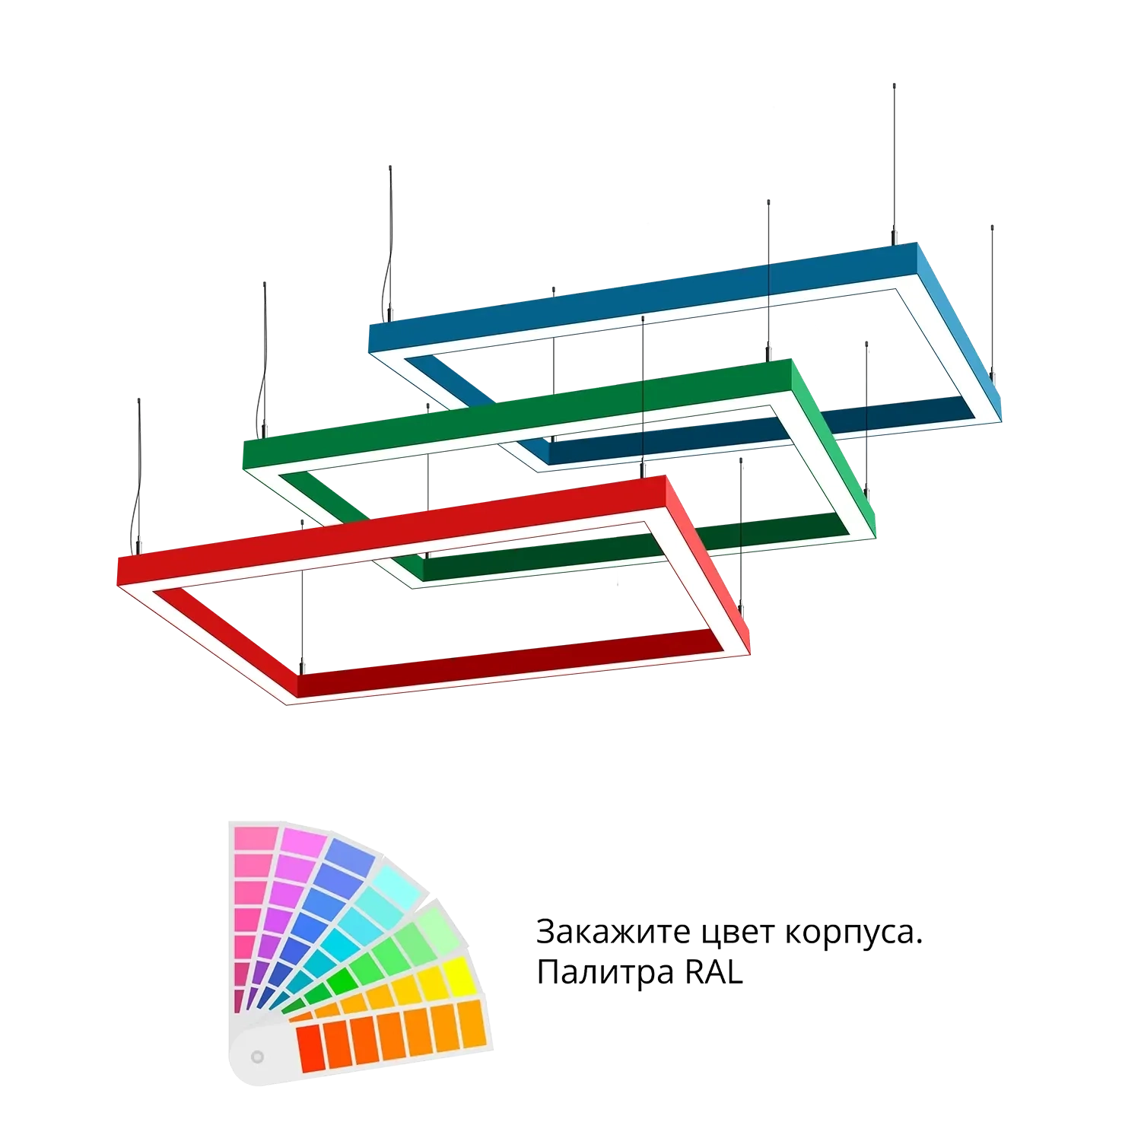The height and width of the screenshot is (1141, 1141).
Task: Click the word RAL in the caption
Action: pyautogui.click(x=714, y=972)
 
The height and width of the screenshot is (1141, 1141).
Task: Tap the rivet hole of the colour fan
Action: pyautogui.click(x=257, y=1057)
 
